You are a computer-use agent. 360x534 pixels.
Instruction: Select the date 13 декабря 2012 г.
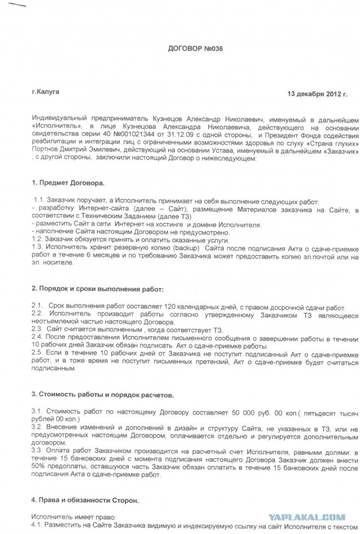tap(317, 93)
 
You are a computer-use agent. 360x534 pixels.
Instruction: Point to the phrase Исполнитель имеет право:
tap(67, 515)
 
